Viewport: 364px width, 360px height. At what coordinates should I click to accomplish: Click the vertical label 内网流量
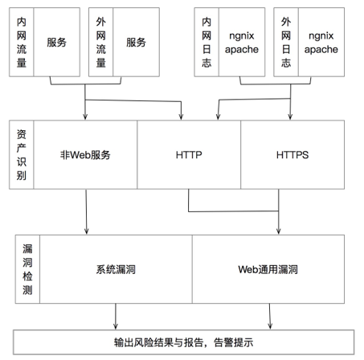(22, 42)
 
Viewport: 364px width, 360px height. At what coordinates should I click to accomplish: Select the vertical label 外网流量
(101, 42)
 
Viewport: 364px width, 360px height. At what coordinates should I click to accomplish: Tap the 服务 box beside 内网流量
(57, 42)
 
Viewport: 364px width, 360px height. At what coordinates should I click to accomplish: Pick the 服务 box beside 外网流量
(137, 42)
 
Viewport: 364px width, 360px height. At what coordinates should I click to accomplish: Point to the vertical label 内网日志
(207, 42)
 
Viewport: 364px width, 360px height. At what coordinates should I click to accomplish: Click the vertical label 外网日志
(286, 42)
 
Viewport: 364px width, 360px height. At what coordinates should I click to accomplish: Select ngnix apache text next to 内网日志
(242, 43)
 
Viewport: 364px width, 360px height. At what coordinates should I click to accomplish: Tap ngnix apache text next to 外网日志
(321, 43)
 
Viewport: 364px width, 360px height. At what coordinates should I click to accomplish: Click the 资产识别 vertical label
(22, 155)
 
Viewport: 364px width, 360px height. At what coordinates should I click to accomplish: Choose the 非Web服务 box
(85, 155)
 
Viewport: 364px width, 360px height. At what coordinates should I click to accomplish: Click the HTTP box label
(189, 155)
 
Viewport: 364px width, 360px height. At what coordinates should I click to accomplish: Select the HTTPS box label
(292, 155)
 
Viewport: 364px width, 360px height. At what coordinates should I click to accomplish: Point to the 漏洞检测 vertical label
(27, 269)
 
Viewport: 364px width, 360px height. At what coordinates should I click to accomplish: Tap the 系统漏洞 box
(116, 269)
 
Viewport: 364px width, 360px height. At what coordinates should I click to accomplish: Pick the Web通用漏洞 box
(268, 269)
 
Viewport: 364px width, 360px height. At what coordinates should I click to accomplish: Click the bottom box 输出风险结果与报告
(184, 342)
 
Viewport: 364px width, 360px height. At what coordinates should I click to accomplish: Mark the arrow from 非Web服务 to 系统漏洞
(86, 211)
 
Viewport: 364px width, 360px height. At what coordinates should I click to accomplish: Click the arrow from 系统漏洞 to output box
(116, 316)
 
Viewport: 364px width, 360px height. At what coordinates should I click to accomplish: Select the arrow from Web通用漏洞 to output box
(270, 316)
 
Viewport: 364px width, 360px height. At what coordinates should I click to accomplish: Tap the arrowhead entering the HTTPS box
(290, 117)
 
